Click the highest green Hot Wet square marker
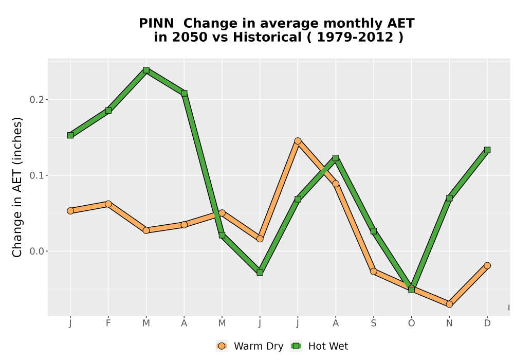[146, 70]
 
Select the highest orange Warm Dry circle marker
[298, 141]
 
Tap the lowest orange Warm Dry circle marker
[449, 304]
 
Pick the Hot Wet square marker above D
[487, 150]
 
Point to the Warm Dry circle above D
[487, 265]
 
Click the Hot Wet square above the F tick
[108, 111]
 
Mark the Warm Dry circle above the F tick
[108, 204]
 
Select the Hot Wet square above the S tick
[373, 231]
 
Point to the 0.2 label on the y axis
[36, 100]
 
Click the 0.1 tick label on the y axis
[36, 175]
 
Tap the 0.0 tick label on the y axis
[36, 251]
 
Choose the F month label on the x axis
[108, 323]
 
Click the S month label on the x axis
[373, 323]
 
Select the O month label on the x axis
[411, 323]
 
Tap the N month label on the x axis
[449, 323]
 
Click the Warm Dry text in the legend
[259, 346]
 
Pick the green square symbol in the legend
[297, 346]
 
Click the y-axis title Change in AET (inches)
[17, 187]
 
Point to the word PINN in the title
[156, 23]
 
